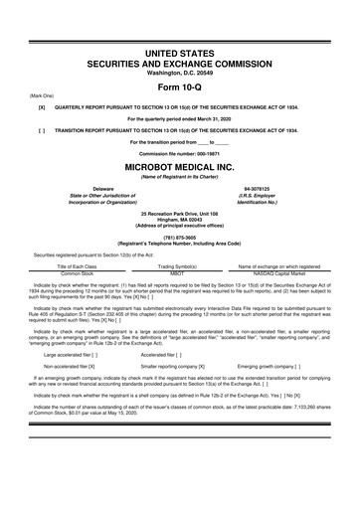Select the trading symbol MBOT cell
click(x=179, y=273)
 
